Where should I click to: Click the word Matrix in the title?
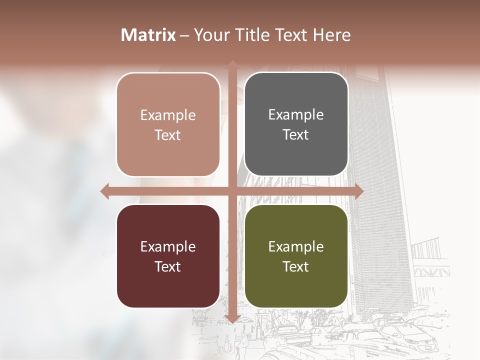(148, 35)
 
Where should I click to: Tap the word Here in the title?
(331, 35)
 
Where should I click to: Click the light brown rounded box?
(168, 124)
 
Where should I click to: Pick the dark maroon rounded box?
(168, 256)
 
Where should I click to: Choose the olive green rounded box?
(296, 256)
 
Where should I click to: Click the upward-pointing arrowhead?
(232, 64)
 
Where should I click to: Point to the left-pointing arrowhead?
(104, 191)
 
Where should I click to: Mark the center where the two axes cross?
(232, 191)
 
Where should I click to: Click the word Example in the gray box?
(296, 114)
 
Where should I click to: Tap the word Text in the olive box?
(296, 266)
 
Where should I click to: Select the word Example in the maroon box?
(168, 246)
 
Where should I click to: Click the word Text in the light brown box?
(168, 135)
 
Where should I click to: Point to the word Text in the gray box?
(296, 134)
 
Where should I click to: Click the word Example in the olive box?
(296, 246)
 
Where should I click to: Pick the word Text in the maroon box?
(168, 266)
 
